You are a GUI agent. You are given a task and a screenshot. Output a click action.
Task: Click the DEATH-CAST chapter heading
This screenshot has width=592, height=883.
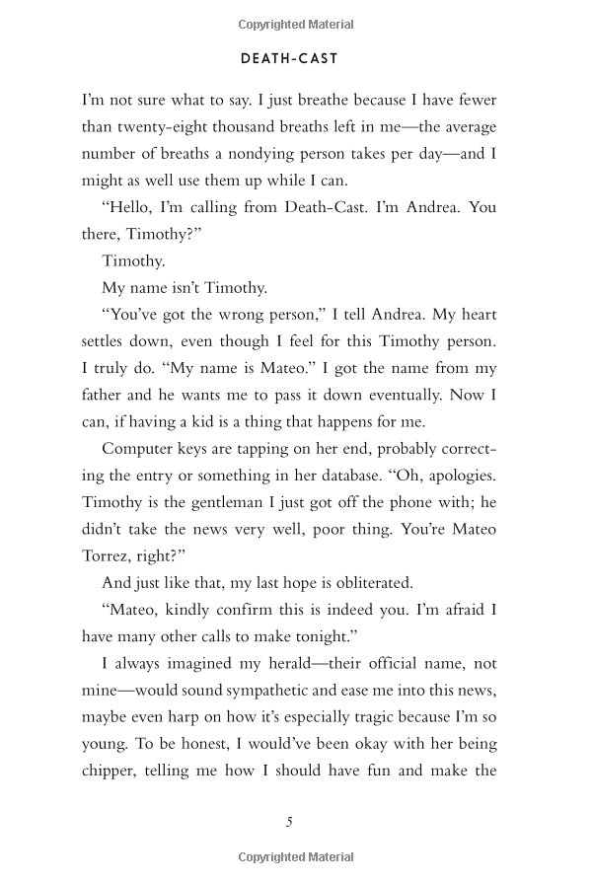tap(289, 59)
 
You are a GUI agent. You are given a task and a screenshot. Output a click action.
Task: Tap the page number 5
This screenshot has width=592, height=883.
tap(289, 822)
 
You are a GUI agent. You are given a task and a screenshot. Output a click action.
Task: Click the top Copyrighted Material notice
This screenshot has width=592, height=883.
tap(296, 25)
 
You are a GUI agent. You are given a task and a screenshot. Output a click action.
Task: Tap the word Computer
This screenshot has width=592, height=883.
tap(137, 448)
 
